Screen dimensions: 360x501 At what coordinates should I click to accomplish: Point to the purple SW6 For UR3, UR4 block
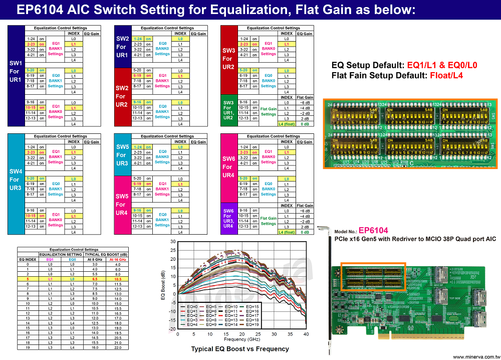pyautogui.click(x=228, y=219)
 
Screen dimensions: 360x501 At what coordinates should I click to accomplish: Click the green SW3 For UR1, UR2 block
pyautogui.click(x=228, y=110)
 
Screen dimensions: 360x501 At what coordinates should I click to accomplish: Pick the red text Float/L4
pyautogui.click(x=445, y=76)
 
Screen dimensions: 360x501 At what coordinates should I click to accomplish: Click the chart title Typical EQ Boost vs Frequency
pyautogui.click(x=240, y=348)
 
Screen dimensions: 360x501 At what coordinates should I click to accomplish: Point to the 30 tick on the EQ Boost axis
pyautogui.click(x=173, y=242)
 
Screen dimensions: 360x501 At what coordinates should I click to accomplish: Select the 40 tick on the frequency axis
pyautogui.click(x=306, y=333)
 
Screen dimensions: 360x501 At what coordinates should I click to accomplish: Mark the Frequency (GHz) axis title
pyautogui.click(x=241, y=339)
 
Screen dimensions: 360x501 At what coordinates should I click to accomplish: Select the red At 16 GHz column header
pyautogui.click(x=117, y=259)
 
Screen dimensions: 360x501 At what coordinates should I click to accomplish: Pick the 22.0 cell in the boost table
pyautogui.click(x=117, y=347)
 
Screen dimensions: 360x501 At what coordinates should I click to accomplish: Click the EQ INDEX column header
pyautogui.click(x=28, y=259)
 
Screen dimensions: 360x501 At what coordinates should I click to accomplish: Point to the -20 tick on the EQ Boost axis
pyautogui.click(x=172, y=329)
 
